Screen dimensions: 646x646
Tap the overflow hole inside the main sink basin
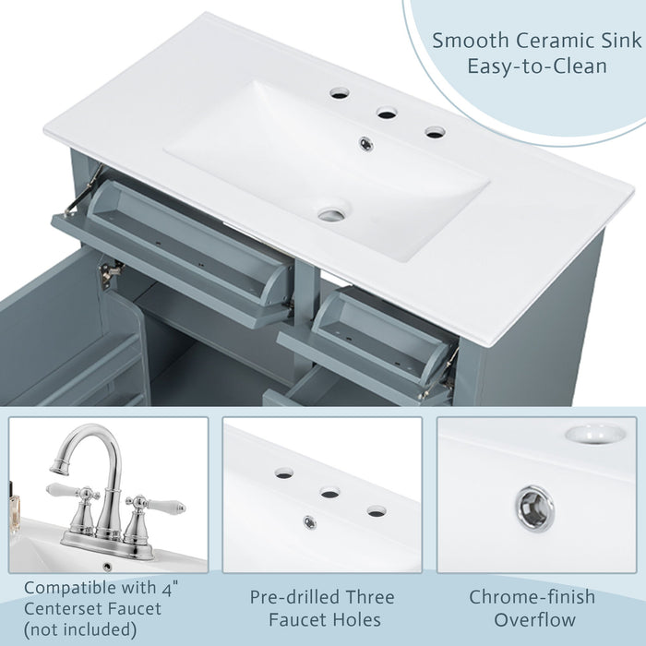[x=366, y=143]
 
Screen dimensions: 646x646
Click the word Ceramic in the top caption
[x=532, y=41]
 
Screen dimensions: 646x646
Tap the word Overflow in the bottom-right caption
[x=535, y=620]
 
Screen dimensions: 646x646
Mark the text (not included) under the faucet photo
[x=81, y=631]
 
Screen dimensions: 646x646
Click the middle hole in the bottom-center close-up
[x=329, y=493]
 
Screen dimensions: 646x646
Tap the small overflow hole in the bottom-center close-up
[x=310, y=522]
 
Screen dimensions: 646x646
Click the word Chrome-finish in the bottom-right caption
[x=535, y=598]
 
